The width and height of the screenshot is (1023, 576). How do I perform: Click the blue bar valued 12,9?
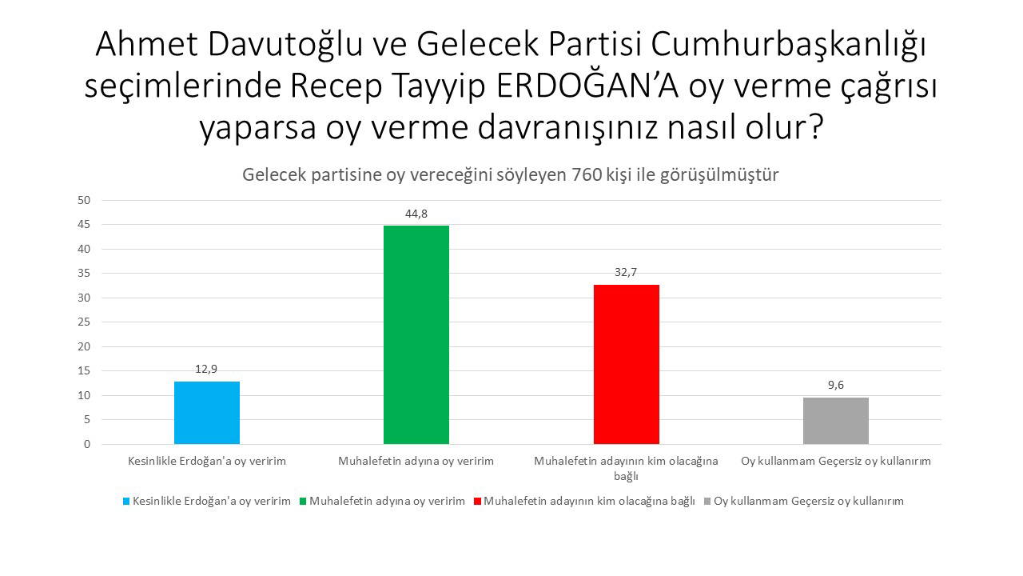pyautogui.click(x=207, y=413)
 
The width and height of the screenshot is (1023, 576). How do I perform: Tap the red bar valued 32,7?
pyautogui.click(x=627, y=364)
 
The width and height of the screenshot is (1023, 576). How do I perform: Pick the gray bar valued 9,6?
pyautogui.click(x=836, y=421)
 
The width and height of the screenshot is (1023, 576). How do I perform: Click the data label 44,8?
pyautogui.click(x=416, y=214)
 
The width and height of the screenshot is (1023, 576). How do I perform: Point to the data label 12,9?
pyautogui.click(x=206, y=369)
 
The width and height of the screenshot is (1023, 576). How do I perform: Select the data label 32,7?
pyautogui.click(x=626, y=272)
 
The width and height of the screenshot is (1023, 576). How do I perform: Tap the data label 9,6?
pyautogui.click(x=836, y=385)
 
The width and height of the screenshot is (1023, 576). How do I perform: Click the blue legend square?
pyautogui.click(x=125, y=502)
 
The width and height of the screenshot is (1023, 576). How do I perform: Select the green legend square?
pyautogui.click(x=303, y=502)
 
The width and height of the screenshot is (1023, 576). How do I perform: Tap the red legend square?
pyautogui.click(x=478, y=502)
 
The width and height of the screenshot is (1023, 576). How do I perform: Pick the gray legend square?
pyautogui.click(x=707, y=502)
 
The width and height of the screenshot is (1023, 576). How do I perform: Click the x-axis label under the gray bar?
pyautogui.click(x=836, y=462)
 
